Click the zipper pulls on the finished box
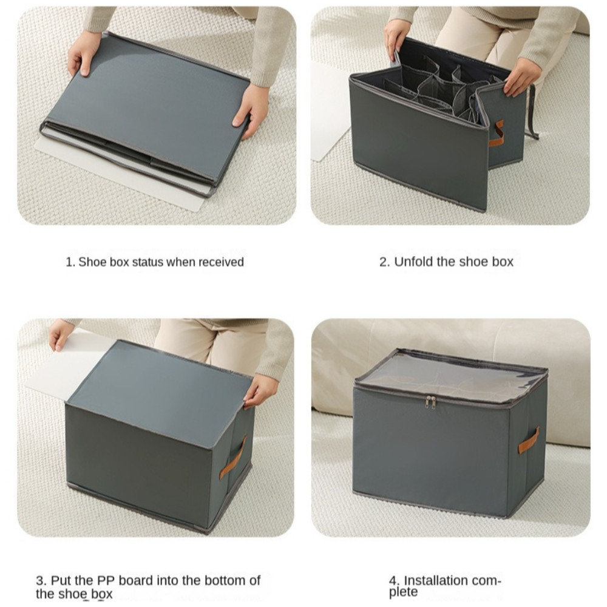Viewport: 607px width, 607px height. point(430,402)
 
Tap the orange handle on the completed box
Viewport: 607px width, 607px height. point(529,441)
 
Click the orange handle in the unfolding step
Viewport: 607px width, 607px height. point(497,133)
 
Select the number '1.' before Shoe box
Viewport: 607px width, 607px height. point(70,262)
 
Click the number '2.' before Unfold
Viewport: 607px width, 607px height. point(384,262)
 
